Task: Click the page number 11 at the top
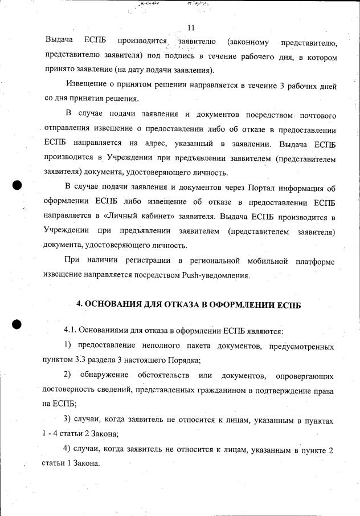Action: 191,27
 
